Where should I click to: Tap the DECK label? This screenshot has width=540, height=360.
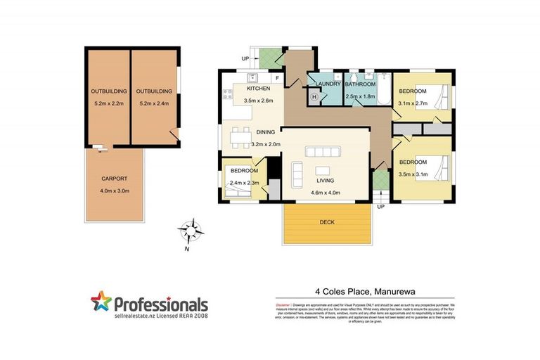tap(327, 222)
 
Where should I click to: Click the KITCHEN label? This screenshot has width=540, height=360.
tap(259, 89)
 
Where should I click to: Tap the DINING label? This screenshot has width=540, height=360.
tap(266, 132)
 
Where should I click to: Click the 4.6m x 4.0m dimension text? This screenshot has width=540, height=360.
tap(326, 191)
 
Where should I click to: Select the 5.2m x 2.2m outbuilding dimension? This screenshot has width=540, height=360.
tap(107, 103)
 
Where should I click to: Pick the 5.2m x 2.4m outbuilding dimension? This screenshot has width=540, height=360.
tap(153, 103)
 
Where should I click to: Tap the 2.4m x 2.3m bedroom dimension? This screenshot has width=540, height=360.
tap(245, 183)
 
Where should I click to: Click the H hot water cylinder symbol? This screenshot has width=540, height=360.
tap(314, 96)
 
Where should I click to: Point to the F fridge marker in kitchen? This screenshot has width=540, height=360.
tap(278, 77)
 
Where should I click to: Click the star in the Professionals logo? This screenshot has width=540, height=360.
tap(101, 303)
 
